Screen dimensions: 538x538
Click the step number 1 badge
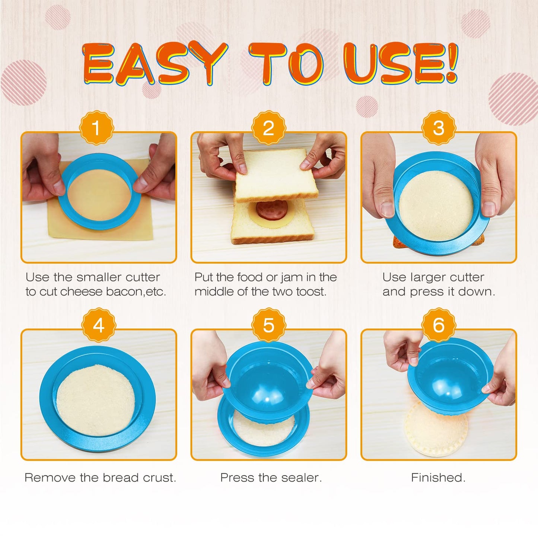click(x=96, y=128)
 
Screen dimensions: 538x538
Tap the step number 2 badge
click(x=268, y=128)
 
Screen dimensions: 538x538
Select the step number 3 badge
click(x=439, y=128)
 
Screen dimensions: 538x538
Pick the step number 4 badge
click(x=99, y=325)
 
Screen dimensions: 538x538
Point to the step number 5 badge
click(x=268, y=325)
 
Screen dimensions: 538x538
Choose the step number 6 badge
click(x=439, y=325)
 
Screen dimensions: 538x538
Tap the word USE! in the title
click(x=400, y=63)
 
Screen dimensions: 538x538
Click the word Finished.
click(x=438, y=478)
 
